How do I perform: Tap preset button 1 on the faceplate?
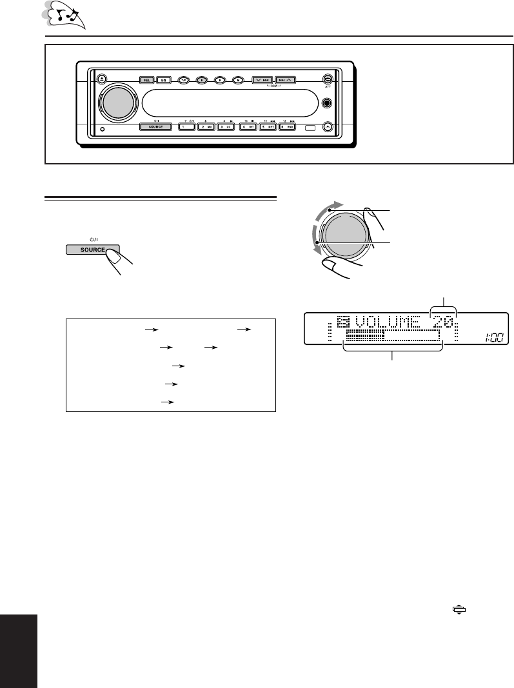click(186, 127)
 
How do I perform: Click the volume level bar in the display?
click(391, 337)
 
